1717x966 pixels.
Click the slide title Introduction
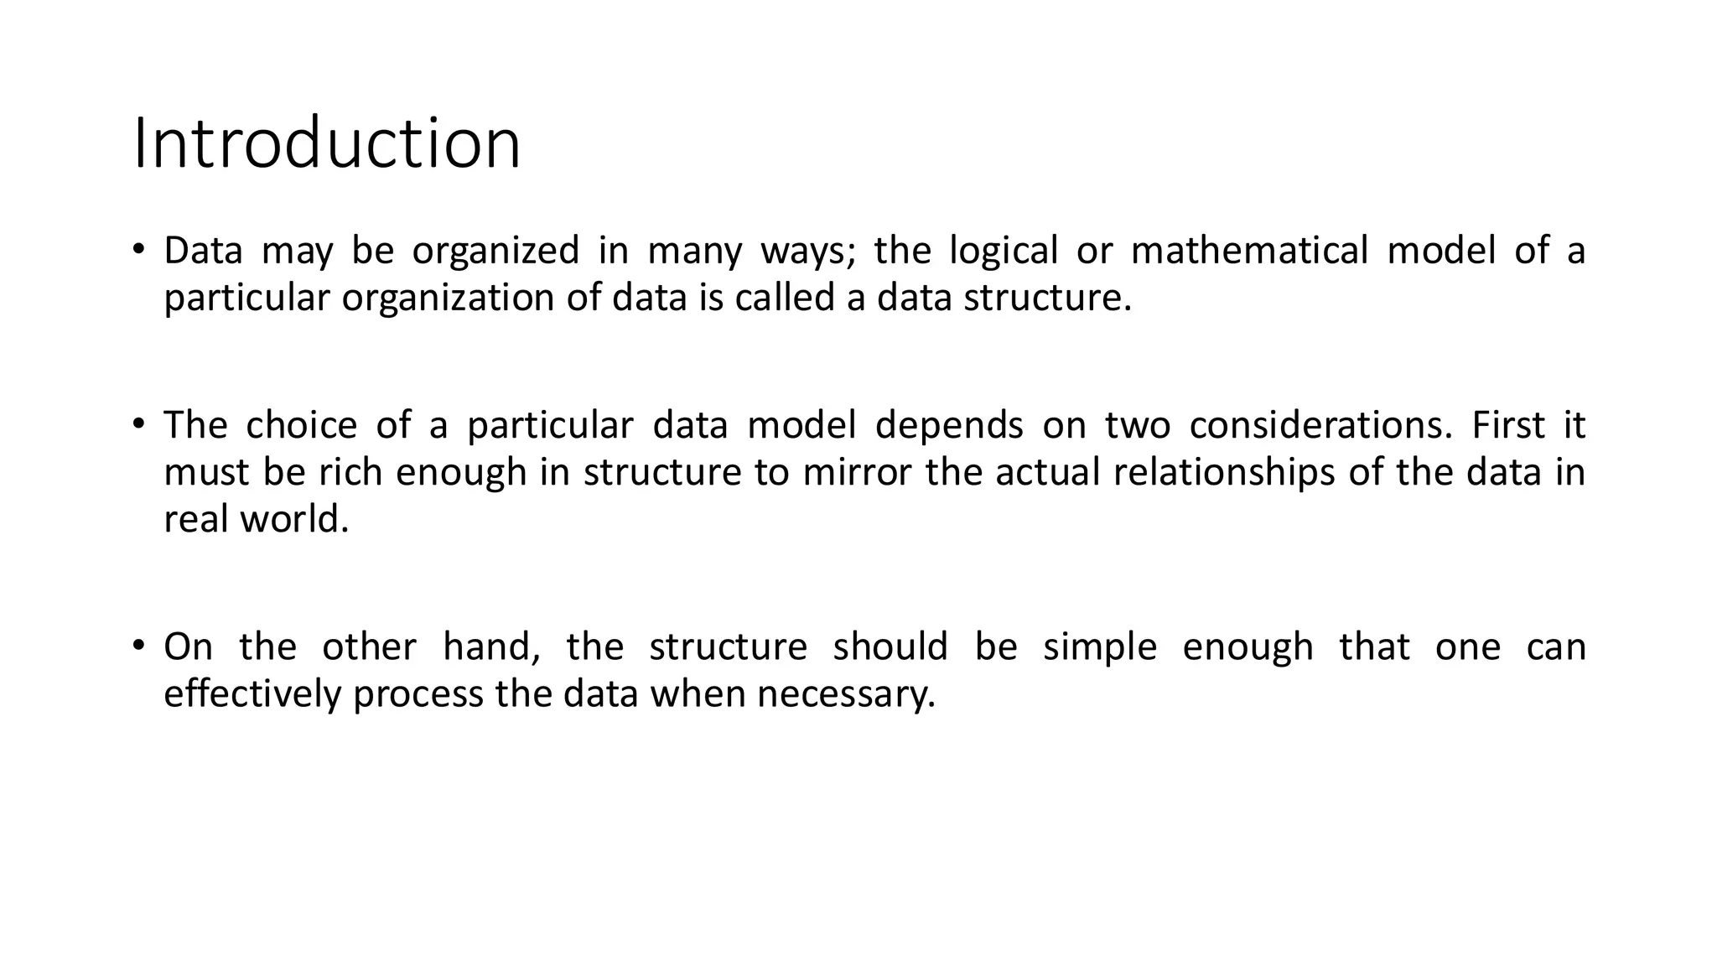(x=327, y=143)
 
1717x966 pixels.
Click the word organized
(x=495, y=252)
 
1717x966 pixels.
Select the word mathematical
(x=1249, y=251)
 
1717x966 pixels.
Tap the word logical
(x=1003, y=252)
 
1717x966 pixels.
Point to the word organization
(x=448, y=299)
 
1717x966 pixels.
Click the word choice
(x=301, y=425)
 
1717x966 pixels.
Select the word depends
(x=948, y=426)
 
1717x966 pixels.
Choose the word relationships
(x=1223, y=473)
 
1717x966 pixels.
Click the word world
(x=293, y=519)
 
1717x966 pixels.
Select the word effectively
(x=252, y=694)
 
